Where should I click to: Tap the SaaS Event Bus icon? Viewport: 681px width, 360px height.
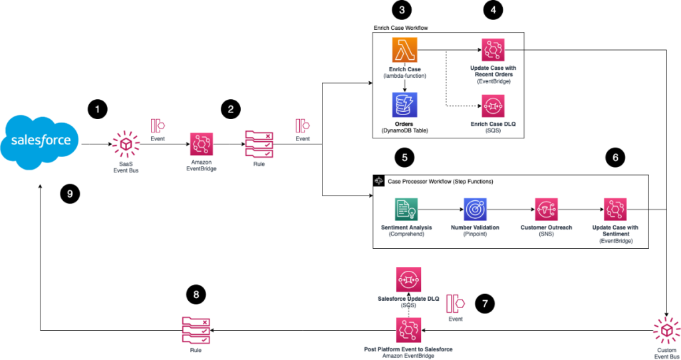pos(123,142)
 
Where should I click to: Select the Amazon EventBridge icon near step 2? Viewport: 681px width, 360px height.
pos(201,143)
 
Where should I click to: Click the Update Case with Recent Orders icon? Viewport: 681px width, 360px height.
pos(493,49)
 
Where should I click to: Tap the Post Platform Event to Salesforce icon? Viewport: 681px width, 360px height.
pos(408,329)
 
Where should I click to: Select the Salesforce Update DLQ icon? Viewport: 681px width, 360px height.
pos(408,279)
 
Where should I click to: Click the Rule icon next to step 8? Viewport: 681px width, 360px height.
pos(195,329)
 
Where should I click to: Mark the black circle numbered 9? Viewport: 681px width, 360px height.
pos(69,194)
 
